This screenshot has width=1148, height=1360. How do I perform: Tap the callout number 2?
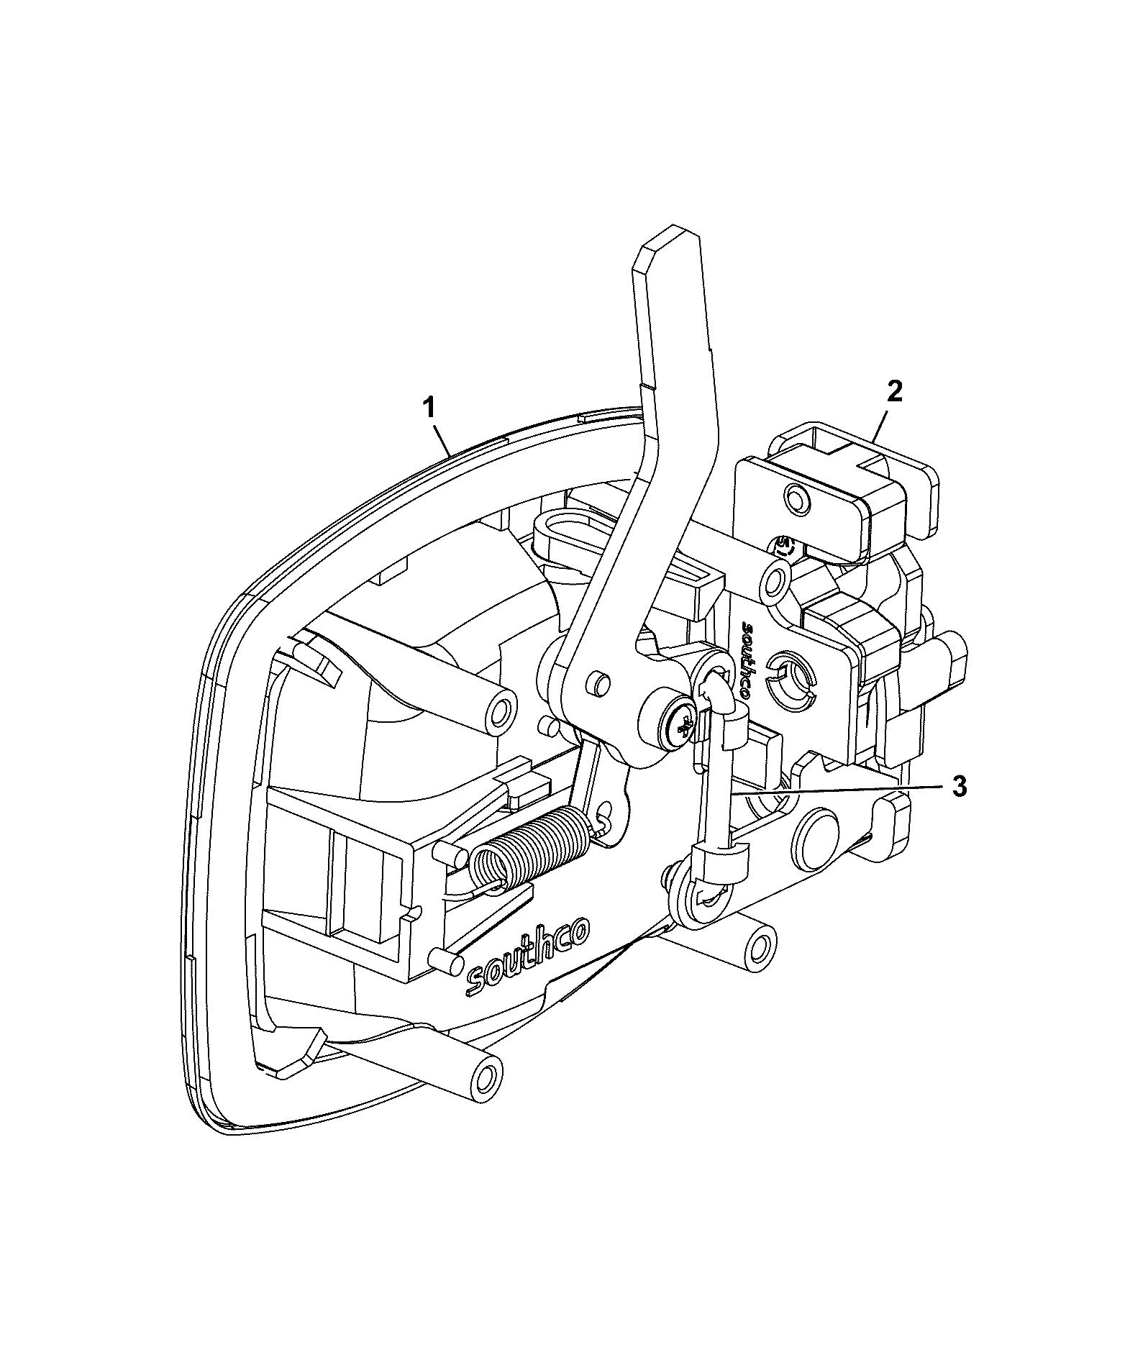click(x=895, y=392)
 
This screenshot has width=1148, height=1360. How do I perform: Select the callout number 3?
click(x=959, y=786)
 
